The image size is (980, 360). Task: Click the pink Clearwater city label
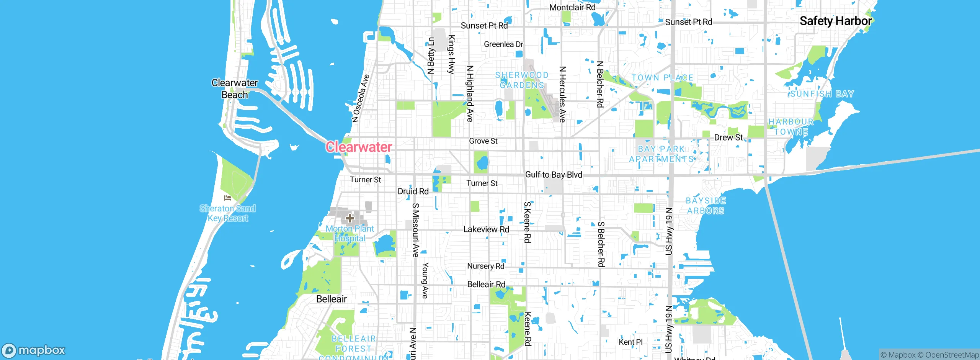(x=359, y=147)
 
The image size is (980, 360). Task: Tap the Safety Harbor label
(x=835, y=21)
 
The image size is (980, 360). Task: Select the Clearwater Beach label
(x=235, y=89)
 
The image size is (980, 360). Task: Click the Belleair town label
(x=332, y=299)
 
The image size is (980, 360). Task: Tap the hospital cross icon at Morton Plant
(x=350, y=218)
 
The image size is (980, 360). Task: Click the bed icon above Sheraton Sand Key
(x=228, y=198)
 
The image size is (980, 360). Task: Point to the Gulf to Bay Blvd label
(x=554, y=175)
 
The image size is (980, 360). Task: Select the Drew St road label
(x=728, y=137)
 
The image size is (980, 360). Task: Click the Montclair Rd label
(x=572, y=7)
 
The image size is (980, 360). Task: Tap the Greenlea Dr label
(x=503, y=44)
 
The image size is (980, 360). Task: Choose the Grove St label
(x=483, y=141)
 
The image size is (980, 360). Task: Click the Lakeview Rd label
(x=486, y=229)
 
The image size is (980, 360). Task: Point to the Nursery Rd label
(x=486, y=266)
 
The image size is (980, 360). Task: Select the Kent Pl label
(x=630, y=342)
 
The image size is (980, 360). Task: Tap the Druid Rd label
(x=413, y=191)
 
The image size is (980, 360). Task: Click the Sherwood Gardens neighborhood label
(x=522, y=80)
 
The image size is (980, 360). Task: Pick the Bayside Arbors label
(x=706, y=206)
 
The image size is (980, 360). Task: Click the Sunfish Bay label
(x=822, y=94)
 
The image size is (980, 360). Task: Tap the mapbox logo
(x=34, y=350)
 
